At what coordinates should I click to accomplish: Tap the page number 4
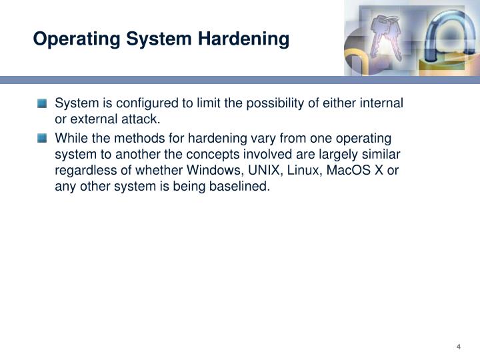coord(459,345)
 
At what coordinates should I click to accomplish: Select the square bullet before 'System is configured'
coord(43,104)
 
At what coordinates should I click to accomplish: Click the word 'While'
coord(70,138)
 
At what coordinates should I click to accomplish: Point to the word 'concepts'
coord(191,155)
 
